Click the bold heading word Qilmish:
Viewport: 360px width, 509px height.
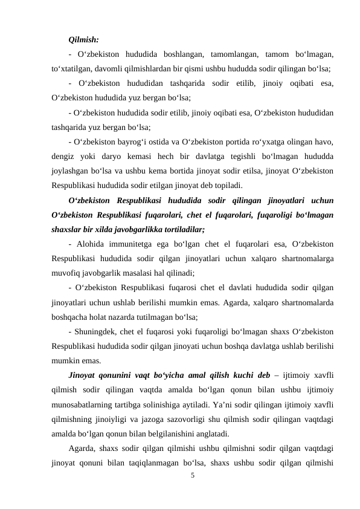click(85, 41)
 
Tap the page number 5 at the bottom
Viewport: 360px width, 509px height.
click(192, 475)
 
